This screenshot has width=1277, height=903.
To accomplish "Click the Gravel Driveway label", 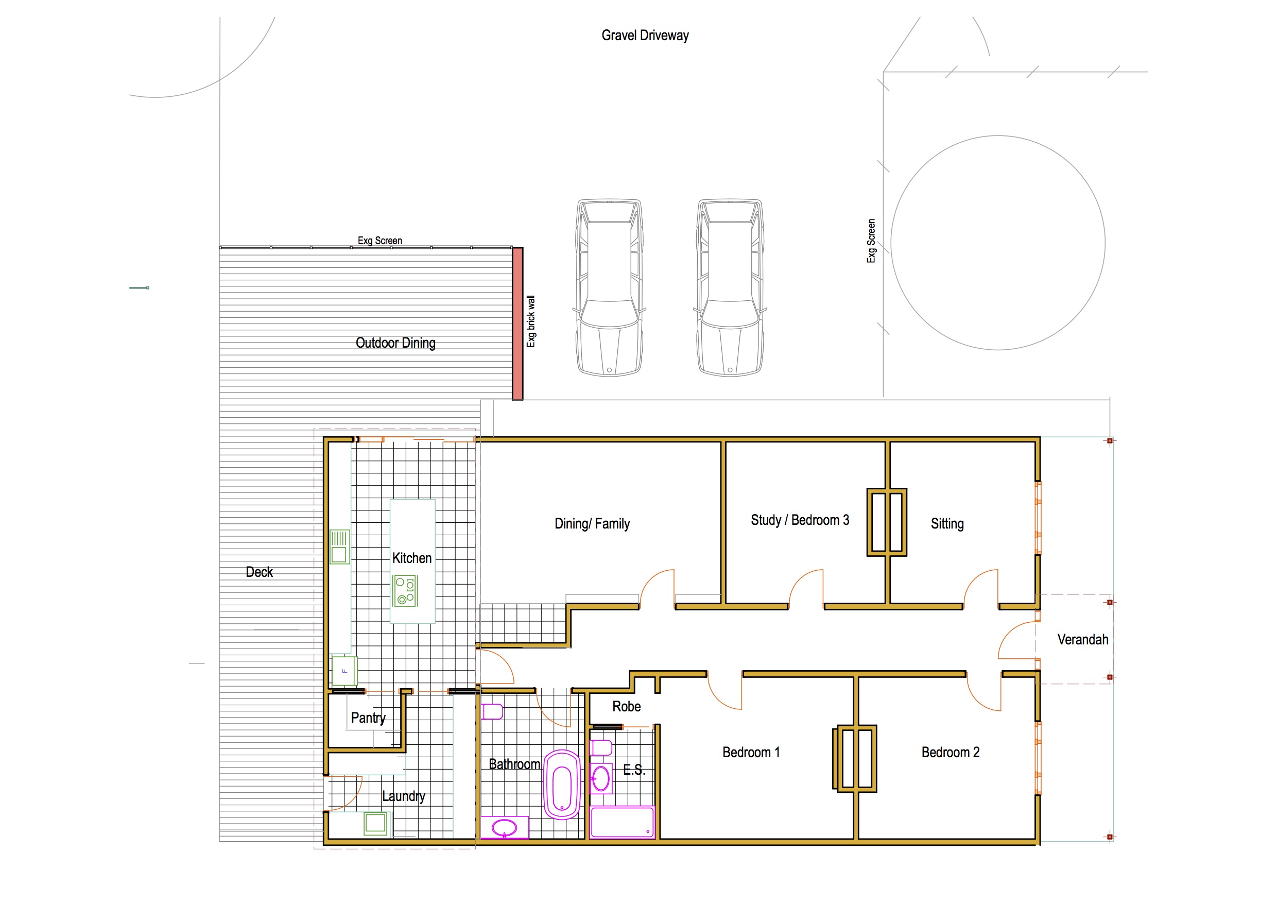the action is click(645, 36).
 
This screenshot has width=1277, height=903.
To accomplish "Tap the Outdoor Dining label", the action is click(395, 343).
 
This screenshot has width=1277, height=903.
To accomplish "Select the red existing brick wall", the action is click(517, 324).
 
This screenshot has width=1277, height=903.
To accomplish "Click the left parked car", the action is click(610, 287).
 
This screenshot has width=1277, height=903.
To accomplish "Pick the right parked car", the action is click(730, 287).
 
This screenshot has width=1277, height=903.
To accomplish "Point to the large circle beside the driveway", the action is click(998, 136).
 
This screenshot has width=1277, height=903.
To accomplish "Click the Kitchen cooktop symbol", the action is click(405, 591).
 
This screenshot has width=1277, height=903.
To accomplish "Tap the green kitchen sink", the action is click(339, 547).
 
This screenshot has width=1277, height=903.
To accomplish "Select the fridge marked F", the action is click(344, 671).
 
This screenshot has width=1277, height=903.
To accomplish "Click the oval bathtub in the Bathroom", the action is click(562, 785).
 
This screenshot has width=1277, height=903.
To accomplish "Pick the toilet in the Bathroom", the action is click(492, 711).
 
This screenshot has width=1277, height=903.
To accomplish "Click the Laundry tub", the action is click(375, 824).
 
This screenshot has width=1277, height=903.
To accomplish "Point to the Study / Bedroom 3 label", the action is click(800, 520).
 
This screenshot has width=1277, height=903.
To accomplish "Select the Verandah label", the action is click(1082, 640).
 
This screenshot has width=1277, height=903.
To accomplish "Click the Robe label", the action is click(626, 707).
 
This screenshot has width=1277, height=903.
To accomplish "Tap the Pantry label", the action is click(368, 718).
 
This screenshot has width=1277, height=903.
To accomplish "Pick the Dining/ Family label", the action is click(592, 523).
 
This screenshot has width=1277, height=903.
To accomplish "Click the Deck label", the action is click(259, 572).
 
